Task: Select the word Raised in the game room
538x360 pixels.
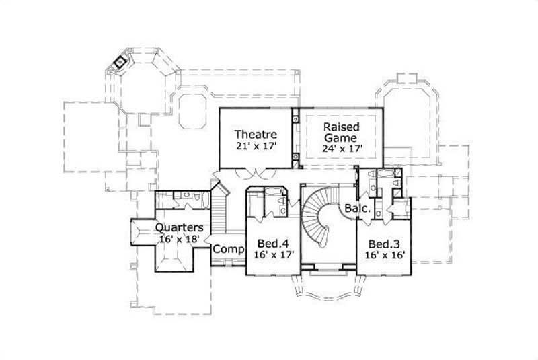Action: click(342, 127)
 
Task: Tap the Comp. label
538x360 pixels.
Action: click(228, 250)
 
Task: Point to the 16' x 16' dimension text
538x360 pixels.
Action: click(383, 255)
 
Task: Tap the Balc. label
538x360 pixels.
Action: click(357, 209)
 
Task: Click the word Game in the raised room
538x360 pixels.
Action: click(342, 137)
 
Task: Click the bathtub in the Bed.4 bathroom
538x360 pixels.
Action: click(255, 203)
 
